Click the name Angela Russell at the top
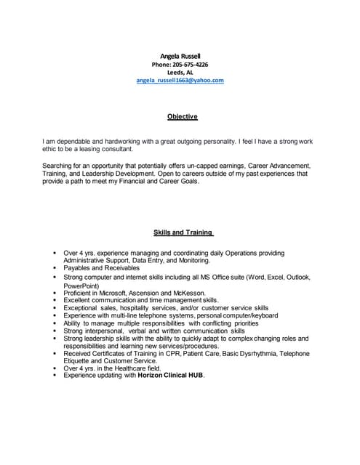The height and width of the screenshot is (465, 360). [180, 56]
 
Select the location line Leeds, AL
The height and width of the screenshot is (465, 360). [180, 72]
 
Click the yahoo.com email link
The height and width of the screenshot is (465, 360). [180, 80]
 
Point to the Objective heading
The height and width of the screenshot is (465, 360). [183, 116]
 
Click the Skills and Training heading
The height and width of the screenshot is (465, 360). [183, 232]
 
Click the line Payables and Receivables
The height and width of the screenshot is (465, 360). [103, 267]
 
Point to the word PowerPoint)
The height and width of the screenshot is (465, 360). [84, 286]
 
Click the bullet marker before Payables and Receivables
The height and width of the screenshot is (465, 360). [55, 267]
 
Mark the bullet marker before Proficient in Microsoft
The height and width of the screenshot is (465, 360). [55, 293]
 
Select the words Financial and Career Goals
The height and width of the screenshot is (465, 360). [158, 182]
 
